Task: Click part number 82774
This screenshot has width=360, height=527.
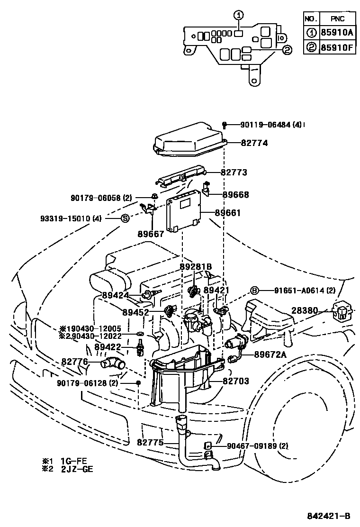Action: pyautogui.click(x=254, y=142)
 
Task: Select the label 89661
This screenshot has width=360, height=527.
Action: pyautogui.click(x=228, y=213)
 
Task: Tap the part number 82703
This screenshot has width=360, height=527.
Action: pyautogui.click(x=236, y=381)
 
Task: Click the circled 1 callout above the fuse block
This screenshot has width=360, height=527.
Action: pyautogui.click(x=239, y=15)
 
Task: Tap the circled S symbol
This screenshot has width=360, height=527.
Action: pyautogui.click(x=125, y=218)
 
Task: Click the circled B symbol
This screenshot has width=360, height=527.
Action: pyautogui.click(x=254, y=291)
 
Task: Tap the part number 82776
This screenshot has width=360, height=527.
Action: pyautogui.click(x=74, y=361)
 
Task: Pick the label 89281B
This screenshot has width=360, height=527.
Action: pyautogui.click(x=196, y=267)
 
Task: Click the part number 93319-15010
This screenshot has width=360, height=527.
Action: pyautogui.click(x=71, y=218)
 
